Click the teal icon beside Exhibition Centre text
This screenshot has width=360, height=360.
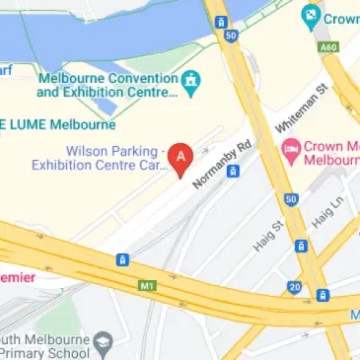click(193, 84)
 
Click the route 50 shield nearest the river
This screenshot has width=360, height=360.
click(231, 36)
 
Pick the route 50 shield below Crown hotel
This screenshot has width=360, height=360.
click(291, 199)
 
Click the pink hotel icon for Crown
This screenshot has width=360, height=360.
click(290, 151)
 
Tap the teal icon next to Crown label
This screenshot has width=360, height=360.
click(312, 16)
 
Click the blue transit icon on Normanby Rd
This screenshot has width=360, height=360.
click(233, 171)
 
